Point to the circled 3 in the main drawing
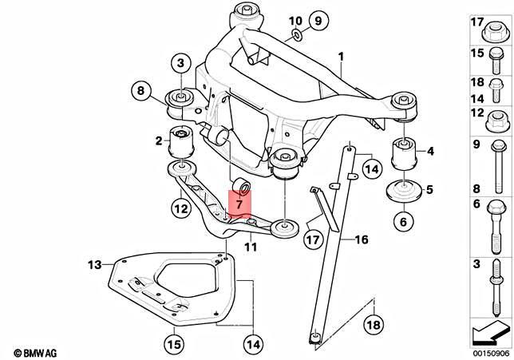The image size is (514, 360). [x=180, y=63]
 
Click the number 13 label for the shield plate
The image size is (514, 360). [x=95, y=264]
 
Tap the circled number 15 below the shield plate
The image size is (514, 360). [x=174, y=345]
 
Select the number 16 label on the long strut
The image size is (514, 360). [x=361, y=239]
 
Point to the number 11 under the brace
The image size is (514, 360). [x=250, y=248]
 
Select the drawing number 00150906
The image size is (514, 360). [x=487, y=351]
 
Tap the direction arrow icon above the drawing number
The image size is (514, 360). [x=487, y=329]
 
